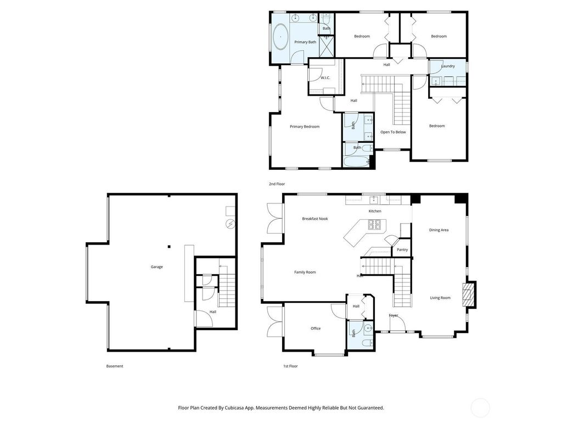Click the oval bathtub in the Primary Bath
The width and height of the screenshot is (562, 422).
[280, 37]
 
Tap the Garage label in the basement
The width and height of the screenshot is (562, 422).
[156, 266]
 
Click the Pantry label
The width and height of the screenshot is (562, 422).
[402, 250]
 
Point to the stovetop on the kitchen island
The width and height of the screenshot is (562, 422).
[374, 224]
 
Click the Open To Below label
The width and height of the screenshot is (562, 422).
[393, 132]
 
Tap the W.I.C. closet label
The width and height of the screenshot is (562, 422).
[325, 78]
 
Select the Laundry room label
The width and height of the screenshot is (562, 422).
[448, 66]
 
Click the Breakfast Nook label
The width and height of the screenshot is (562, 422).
[315, 219]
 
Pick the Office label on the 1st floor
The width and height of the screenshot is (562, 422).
[316, 329]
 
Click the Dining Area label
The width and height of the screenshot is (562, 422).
[439, 230]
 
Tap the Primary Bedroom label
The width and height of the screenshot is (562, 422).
[305, 127]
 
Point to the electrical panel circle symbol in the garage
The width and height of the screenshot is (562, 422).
[230, 224]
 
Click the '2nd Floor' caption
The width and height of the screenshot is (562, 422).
[277, 184]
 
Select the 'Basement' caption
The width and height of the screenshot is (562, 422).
[115, 366]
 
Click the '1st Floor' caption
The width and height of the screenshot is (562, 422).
[291, 366]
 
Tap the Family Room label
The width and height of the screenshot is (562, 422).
[305, 272]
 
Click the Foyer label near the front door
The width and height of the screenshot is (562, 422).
[394, 315]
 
